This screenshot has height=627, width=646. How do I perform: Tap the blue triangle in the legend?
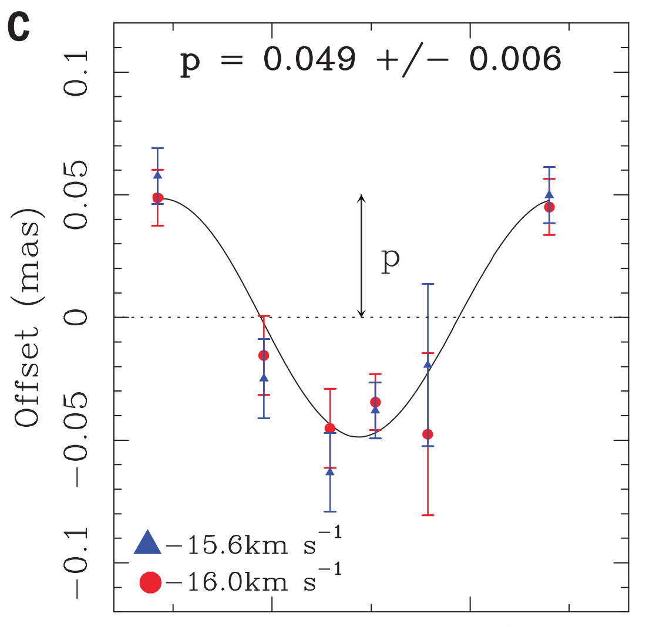tap(147, 542)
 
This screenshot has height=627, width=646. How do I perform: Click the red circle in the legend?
tap(150, 582)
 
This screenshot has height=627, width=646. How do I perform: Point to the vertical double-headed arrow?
tap(362, 255)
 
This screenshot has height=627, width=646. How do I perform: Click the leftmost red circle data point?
tap(157, 198)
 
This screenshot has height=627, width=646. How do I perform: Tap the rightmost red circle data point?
tap(550, 207)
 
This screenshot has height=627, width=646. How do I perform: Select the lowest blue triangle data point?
tap(330, 471)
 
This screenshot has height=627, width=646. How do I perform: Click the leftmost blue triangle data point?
tap(157, 174)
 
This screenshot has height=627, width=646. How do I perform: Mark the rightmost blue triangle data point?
tap(549, 195)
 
